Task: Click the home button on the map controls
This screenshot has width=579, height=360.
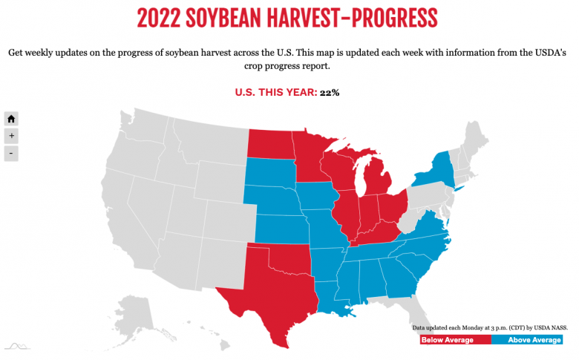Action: pyautogui.click(x=11, y=119)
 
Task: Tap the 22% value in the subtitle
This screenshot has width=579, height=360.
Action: pyautogui.click(x=330, y=92)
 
